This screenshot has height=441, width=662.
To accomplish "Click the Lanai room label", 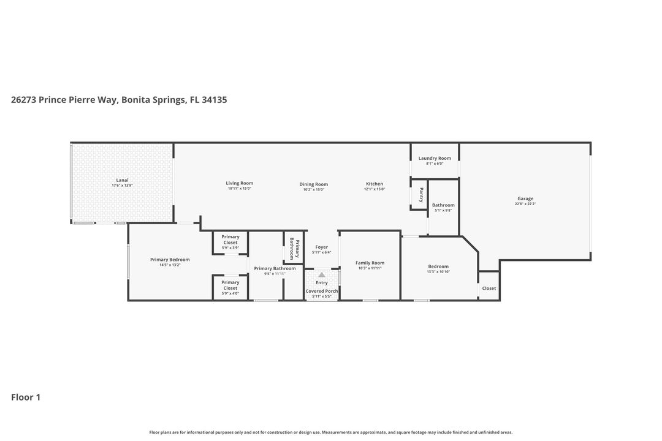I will tap(122, 180).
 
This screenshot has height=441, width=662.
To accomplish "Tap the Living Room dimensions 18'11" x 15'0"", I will tap(239, 189).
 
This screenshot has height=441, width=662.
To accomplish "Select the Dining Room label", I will tap(313, 184).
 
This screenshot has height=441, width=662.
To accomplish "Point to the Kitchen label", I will tap(375, 184).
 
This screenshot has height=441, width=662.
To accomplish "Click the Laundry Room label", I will tap(435, 158).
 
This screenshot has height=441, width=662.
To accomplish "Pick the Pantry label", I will tap(420, 195).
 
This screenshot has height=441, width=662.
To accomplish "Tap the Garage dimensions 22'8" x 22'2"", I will tap(525, 204).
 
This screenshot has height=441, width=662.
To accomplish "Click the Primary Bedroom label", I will tap(170, 260).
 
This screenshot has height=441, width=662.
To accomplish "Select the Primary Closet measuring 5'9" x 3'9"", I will tap(230, 242).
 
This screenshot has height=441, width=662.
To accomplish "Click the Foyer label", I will tap(321, 247).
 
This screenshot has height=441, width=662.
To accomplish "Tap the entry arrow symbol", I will tap(321, 275).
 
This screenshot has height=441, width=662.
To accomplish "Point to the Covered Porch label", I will tap(322, 291).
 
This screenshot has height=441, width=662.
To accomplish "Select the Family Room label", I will tap(370, 263).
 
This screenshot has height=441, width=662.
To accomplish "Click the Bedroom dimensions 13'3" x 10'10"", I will tap(438, 271).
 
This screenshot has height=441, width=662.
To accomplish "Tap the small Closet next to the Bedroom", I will tap(489, 288).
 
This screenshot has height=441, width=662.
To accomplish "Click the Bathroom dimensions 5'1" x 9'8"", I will tap(443, 210).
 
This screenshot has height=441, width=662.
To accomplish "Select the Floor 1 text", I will tap(26, 397).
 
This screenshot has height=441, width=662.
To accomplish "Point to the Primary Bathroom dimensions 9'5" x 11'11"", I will tap(275, 274).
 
